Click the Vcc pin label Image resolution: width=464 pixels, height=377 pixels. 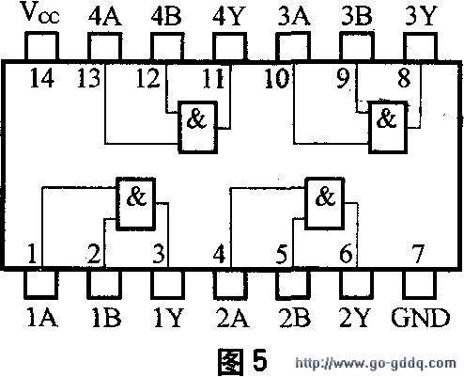[41, 14]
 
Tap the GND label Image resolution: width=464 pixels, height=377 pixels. [420, 317]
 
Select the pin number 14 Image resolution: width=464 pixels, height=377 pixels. [42, 78]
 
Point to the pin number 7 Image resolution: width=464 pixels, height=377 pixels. [418, 253]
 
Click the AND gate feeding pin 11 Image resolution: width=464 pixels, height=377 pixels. [197, 127]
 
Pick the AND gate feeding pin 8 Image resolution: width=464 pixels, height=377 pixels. [388, 127]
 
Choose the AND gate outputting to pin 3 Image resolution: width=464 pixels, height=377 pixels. [136, 204]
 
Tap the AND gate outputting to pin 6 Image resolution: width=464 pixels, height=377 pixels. [325, 204]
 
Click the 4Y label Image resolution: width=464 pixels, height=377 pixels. [228, 16]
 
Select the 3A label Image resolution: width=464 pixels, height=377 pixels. [294, 16]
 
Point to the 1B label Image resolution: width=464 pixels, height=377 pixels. [106, 317]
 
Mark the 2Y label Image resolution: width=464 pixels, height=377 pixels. [354, 317]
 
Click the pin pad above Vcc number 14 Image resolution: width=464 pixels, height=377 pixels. [41, 46]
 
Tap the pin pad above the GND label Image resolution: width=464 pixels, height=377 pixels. [420, 284]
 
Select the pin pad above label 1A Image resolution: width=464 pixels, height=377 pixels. [41, 284]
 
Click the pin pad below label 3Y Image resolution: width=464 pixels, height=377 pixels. [420, 46]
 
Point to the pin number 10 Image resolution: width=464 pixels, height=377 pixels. [276, 78]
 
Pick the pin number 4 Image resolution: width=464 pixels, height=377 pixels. [219, 253]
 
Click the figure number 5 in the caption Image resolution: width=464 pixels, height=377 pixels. [259, 360]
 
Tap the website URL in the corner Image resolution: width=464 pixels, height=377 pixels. [376, 363]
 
